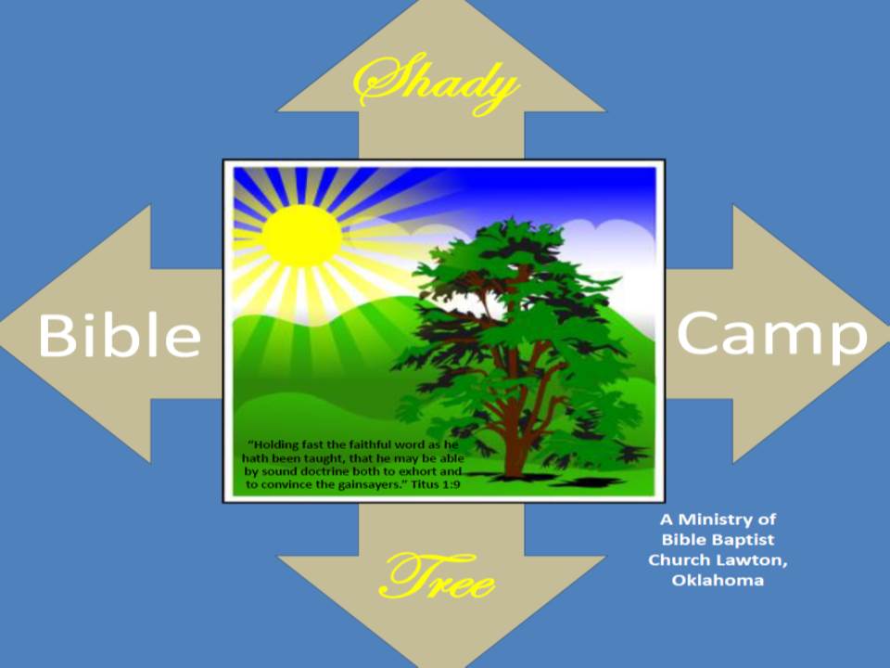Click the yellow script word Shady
point(436,84)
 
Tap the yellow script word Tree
point(437,576)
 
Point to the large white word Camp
point(772,336)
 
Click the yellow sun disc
point(301,235)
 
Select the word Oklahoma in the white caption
point(718,581)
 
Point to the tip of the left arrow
point(2,334)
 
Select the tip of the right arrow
point(888,334)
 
